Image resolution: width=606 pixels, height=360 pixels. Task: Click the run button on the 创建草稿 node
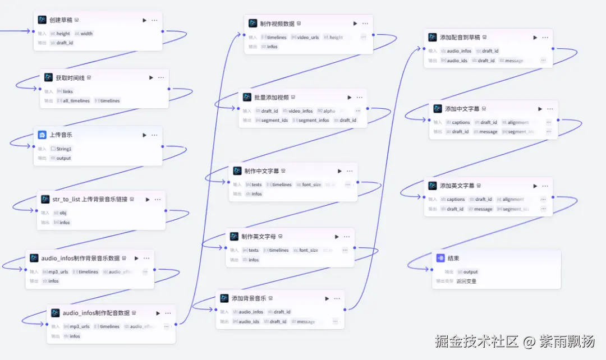coord(144,20)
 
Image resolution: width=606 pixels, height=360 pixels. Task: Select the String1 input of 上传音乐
coord(64,149)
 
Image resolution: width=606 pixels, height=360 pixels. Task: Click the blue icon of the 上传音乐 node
coord(42,135)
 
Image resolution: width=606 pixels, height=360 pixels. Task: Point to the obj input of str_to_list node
coord(63,213)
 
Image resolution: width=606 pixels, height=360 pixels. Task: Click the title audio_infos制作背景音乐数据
coord(80,259)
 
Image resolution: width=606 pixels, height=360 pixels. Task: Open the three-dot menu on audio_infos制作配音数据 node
coord(168,313)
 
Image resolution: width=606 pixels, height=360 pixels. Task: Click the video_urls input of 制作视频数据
coord(308,38)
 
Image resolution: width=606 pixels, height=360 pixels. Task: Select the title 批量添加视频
coord(271,98)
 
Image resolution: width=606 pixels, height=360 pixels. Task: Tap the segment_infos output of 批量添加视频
coord(313,120)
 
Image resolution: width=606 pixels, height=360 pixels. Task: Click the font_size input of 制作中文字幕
coord(311,184)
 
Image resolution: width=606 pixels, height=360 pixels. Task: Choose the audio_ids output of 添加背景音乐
coord(249,322)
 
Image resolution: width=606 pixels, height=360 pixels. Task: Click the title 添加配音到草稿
coord(460,38)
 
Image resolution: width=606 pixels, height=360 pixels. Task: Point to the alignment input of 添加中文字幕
coord(515,122)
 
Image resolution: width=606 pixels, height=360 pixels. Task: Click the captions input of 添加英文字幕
coord(456,200)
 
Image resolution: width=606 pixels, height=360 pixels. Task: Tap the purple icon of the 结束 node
coord(440,259)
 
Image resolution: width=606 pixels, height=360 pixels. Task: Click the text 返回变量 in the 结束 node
coord(466,281)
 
